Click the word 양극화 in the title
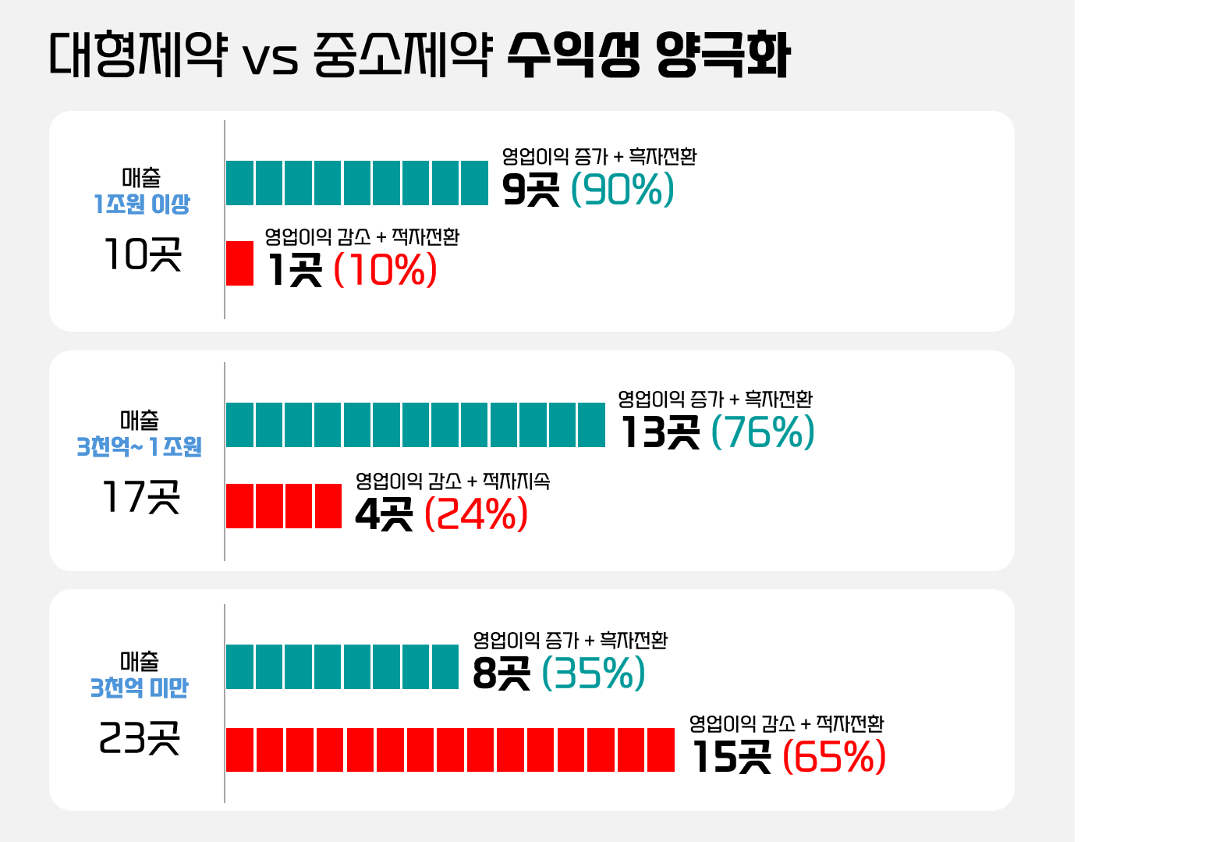tap(723, 55)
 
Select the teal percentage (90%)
tap(622, 190)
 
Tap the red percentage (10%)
tap(385, 270)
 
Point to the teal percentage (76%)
tap(763, 432)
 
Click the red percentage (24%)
tap(476, 513)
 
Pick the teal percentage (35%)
tap(594, 673)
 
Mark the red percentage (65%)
tap(834, 756)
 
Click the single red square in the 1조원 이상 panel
tap(239, 263)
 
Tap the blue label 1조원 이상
tap(142, 204)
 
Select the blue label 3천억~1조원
tap(140, 447)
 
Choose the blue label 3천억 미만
tap(140, 688)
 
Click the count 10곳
tap(143, 254)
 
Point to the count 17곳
tap(141, 497)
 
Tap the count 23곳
tap(140, 738)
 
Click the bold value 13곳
tap(660, 432)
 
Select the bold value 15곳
tap(732, 756)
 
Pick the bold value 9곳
tap(531, 190)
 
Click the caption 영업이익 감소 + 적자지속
tap(452, 481)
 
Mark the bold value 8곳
tap(501, 673)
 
